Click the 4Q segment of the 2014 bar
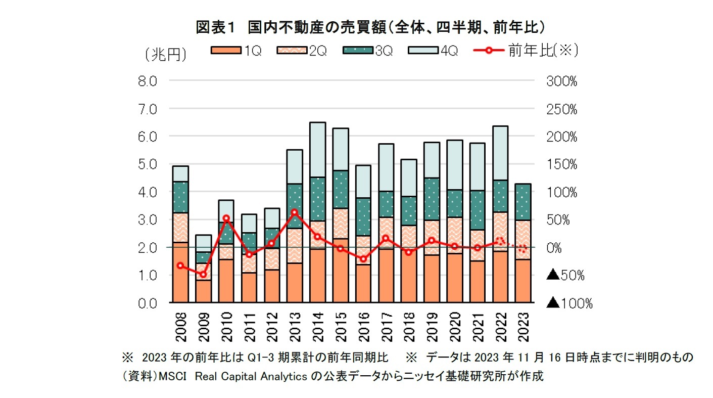317,150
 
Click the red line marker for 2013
295,212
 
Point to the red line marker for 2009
203,275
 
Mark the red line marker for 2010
226,218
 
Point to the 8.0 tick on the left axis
148,81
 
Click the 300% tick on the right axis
561,81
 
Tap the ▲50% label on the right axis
565,276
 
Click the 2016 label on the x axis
363,328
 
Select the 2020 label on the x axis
455,328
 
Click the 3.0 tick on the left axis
148,220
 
